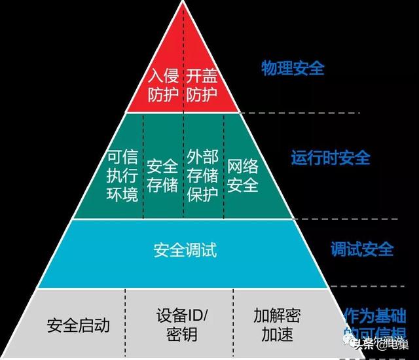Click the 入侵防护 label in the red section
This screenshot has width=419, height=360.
[x=163, y=85]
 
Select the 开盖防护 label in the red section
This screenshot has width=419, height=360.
[x=202, y=85]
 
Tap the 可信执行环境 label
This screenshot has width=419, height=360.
[x=122, y=175]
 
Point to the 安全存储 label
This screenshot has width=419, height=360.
[x=162, y=175]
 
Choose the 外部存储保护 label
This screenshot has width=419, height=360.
[x=202, y=175]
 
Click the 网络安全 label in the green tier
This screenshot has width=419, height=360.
[x=243, y=175]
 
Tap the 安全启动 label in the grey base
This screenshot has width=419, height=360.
[x=79, y=325]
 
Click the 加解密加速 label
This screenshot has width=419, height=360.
[x=277, y=325]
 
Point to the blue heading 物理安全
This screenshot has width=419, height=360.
[x=293, y=68]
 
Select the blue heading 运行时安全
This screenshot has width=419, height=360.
[x=331, y=158]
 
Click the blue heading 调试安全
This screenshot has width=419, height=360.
[x=362, y=249]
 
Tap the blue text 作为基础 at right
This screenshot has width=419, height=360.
[x=374, y=315]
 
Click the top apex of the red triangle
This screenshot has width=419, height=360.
[x=183, y=4]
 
